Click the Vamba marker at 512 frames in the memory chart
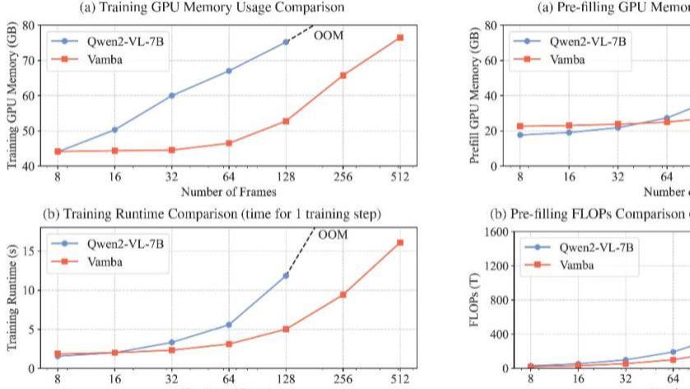(400, 38)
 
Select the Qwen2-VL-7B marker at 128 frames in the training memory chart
(286, 42)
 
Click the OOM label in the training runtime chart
(333, 235)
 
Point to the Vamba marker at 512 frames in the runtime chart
(400, 242)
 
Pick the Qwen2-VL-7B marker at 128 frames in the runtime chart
(286, 275)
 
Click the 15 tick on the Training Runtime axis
(33, 251)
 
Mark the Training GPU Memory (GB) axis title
(12, 95)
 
